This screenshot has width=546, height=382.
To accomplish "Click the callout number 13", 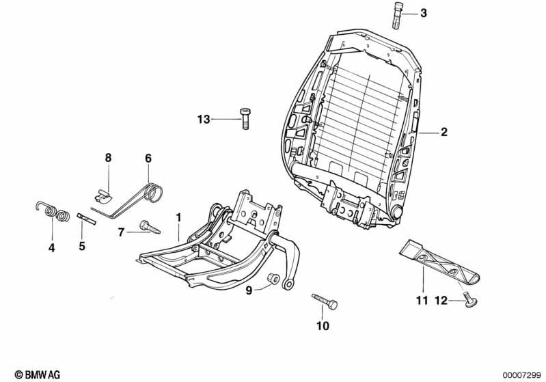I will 203,120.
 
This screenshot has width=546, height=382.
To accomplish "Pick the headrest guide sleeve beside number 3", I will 398,14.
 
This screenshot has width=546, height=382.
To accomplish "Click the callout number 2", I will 443,133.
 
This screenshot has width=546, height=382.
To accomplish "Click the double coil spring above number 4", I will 53,213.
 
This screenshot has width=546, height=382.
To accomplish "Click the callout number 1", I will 178,217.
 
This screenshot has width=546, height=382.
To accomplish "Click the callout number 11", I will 421,300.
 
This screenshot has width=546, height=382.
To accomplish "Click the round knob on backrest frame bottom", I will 396,214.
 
